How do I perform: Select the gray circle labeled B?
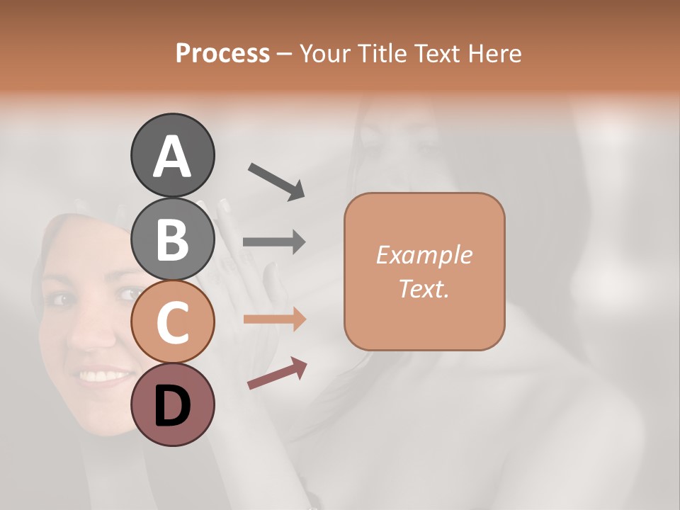(x=172, y=239)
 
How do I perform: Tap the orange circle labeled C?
(x=172, y=322)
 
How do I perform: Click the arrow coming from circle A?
(x=276, y=180)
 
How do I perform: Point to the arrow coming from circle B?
(x=274, y=242)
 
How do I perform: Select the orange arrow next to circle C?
(x=274, y=319)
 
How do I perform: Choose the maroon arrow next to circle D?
(x=277, y=373)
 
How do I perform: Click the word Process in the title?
(x=222, y=54)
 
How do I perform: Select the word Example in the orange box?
(x=424, y=255)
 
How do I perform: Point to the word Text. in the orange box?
(x=424, y=288)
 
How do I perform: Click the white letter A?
(x=172, y=157)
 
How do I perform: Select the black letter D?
(x=172, y=407)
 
